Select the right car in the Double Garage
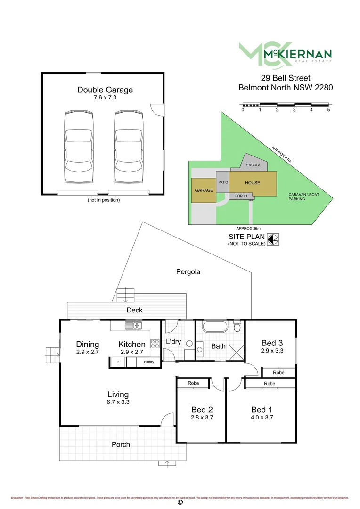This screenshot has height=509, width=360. click(x=128, y=148)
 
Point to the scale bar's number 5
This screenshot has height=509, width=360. click(x=328, y=110)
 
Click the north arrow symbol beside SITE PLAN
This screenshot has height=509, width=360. click(x=272, y=239)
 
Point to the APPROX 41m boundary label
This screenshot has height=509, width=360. click(x=281, y=155)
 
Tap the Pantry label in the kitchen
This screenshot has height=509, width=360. click(x=149, y=362)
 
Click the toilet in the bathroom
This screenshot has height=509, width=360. click(x=238, y=326)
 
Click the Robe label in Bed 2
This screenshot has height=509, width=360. click(x=193, y=383)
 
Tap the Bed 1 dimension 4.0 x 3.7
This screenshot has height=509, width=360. click(x=262, y=417)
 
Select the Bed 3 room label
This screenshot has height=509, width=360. click(x=272, y=343)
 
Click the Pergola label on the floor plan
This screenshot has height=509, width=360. click(x=188, y=272)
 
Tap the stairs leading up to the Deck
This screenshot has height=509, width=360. click(x=126, y=295)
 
